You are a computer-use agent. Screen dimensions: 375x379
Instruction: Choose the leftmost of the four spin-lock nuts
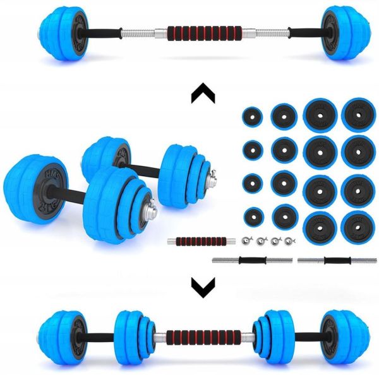pyautogui.click(x=246, y=241)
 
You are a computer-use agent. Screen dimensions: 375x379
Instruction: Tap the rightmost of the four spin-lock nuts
pyautogui.click(x=290, y=241)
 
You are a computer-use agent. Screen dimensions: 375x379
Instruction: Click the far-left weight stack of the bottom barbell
pyautogui.click(x=57, y=332)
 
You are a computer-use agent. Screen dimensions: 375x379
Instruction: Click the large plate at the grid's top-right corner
pyautogui.click(x=358, y=116)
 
